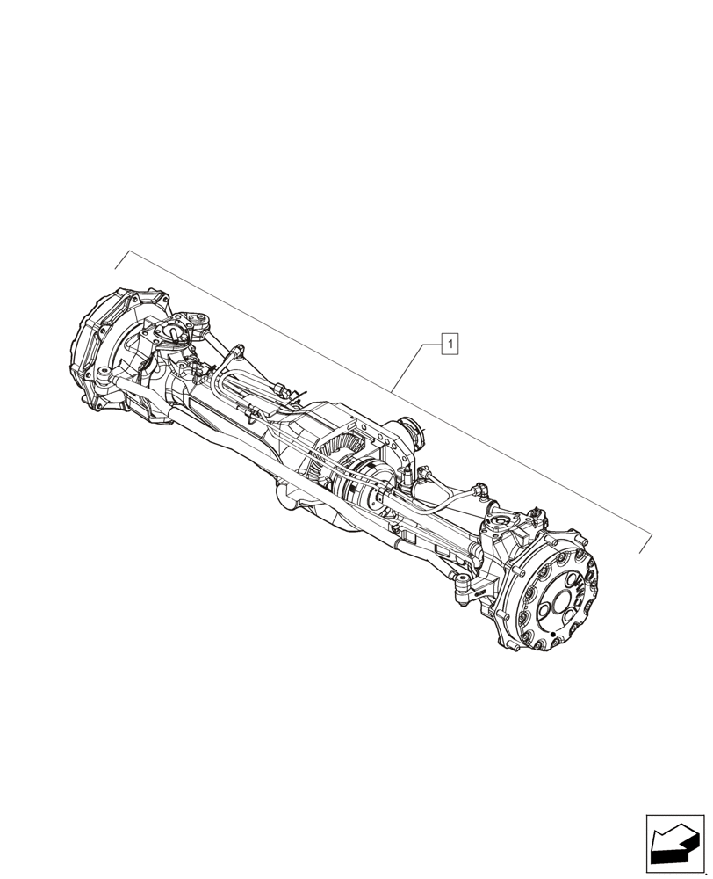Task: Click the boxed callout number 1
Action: [x=450, y=344]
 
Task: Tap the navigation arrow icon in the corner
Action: [x=675, y=845]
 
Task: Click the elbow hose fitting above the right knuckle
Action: [x=481, y=489]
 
